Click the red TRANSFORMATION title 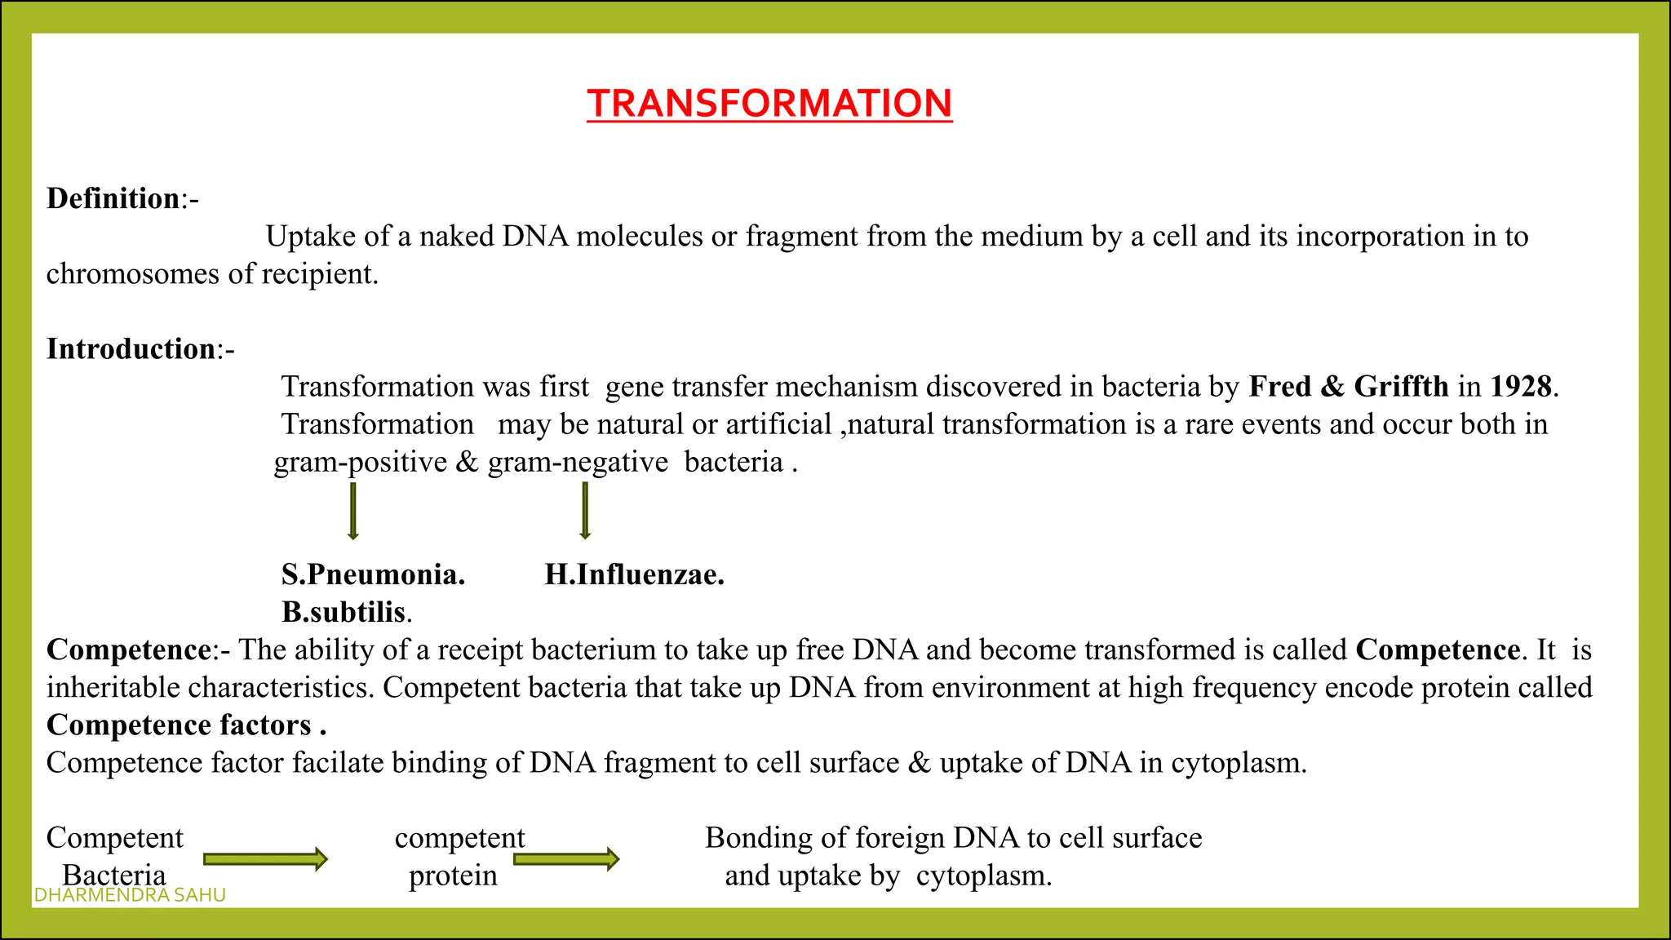tap(769, 104)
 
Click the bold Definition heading tap(113, 198)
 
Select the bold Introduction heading tap(131, 348)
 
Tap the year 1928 tap(1521, 387)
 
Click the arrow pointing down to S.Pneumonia tap(352, 511)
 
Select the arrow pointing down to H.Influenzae tap(584, 511)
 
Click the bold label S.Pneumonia tap(373, 574)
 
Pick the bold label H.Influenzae tap(634, 574)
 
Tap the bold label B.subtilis tap(344, 612)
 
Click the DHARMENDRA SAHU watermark tap(130, 895)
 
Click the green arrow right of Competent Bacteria tap(265, 858)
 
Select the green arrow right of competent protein tap(566, 858)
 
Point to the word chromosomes tap(132, 274)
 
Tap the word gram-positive tap(361, 463)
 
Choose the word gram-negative tap(578, 463)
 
